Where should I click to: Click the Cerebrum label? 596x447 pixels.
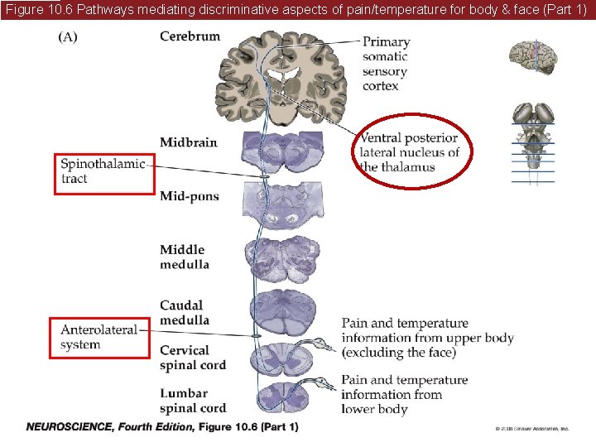[x=190, y=36]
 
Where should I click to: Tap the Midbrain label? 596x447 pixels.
[x=189, y=142]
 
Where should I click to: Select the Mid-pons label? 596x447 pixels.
[x=190, y=196]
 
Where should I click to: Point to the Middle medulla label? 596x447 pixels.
[x=185, y=257]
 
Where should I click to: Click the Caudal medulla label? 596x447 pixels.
[x=185, y=313]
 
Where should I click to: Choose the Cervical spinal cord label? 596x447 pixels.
[x=192, y=358]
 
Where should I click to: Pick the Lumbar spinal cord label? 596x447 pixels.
[x=192, y=401]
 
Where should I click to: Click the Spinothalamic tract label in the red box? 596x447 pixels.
[x=103, y=171]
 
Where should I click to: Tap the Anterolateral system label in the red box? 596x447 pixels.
[x=99, y=337]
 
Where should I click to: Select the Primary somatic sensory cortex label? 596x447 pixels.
[x=386, y=64]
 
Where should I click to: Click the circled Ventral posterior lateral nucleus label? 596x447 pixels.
[x=409, y=152]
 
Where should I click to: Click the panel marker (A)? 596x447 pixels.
[x=68, y=38]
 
